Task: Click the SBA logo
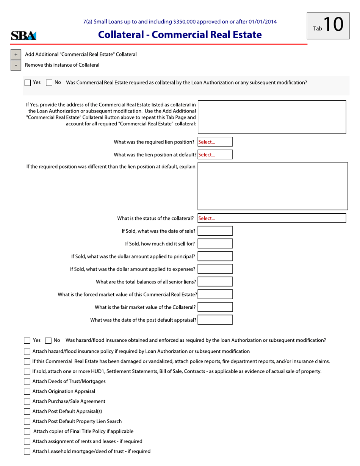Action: point(23,36)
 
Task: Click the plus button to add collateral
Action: point(16,55)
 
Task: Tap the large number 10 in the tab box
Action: point(333,25)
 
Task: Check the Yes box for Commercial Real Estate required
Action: point(28,83)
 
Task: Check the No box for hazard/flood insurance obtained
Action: point(49,340)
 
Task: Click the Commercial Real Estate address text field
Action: point(272,117)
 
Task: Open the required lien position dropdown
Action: point(215,142)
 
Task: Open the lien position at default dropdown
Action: point(215,155)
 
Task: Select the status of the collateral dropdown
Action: point(272,218)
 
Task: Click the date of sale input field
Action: point(215,231)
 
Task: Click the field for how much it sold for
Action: point(215,244)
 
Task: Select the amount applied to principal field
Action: point(215,256)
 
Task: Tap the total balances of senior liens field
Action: point(215,281)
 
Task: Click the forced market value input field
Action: point(215,294)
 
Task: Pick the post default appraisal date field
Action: point(215,320)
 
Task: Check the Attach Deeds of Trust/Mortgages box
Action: point(28,382)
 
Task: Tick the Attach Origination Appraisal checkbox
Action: point(28,391)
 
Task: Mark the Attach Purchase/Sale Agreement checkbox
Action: point(28,402)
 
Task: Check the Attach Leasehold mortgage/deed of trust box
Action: point(28,452)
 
